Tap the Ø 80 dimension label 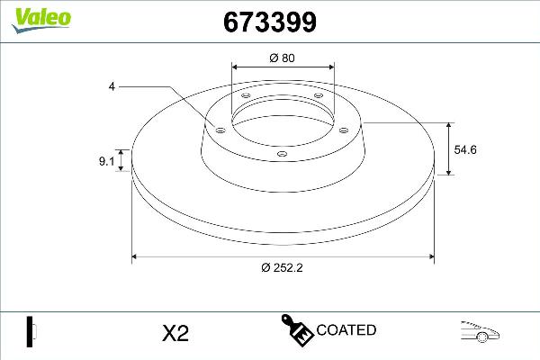pos(283,58)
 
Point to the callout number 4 pos(112,86)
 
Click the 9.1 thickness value pos(106,162)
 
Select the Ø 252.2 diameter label pos(283,267)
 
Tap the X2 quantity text pos(175,333)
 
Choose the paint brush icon pos(295,330)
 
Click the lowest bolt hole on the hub pos(283,154)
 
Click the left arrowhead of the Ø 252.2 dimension pos(137,256)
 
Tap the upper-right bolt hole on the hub pos(318,97)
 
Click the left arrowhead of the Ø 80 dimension pos(236,67)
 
